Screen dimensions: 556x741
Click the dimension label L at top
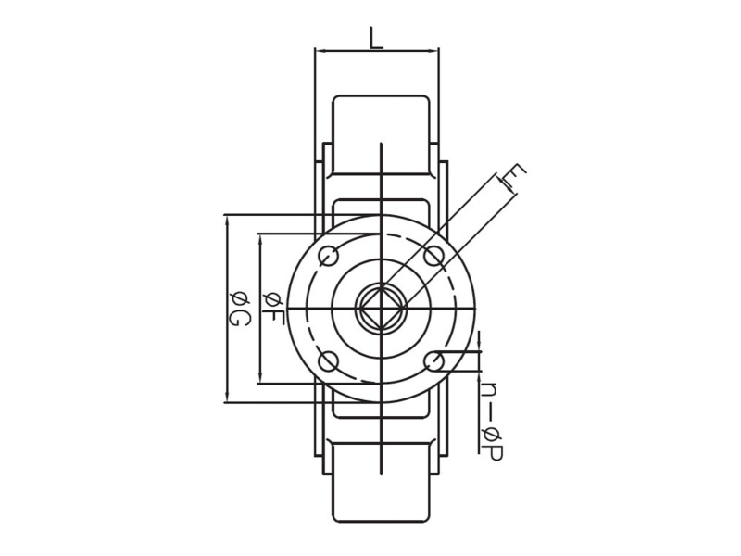click(x=375, y=38)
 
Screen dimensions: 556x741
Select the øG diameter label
click(x=239, y=309)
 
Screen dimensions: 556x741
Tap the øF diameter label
click(x=272, y=308)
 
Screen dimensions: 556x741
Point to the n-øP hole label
click(x=491, y=422)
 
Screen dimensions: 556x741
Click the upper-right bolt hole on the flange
click(x=433, y=256)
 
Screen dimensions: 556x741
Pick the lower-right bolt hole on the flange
click(x=433, y=360)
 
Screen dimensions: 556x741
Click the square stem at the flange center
click(x=381, y=308)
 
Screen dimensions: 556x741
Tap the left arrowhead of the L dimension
click(x=319, y=51)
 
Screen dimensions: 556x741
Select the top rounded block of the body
click(x=381, y=134)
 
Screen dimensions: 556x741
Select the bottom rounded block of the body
click(x=381, y=480)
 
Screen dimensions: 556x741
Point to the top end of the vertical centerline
click(x=381, y=144)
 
